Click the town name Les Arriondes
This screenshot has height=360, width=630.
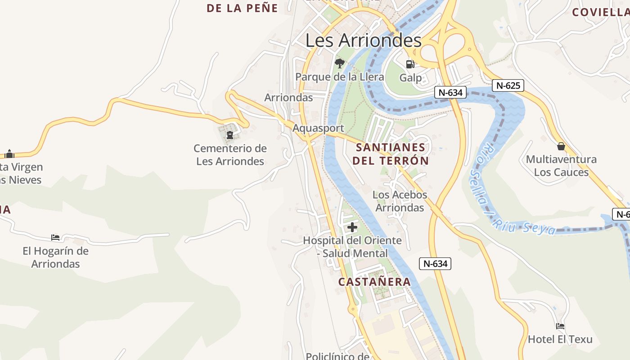point(364,40)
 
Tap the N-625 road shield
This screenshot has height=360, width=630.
point(508,85)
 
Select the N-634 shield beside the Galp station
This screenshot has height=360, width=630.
point(450,93)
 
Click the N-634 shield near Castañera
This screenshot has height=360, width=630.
point(435,264)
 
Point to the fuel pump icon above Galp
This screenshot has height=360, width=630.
point(410,64)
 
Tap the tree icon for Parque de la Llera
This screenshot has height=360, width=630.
point(340,63)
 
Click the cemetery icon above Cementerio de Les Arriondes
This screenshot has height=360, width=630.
point(230,135)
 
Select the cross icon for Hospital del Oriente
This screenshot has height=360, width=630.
point(352,227)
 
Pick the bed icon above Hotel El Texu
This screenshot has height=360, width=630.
point(560,326)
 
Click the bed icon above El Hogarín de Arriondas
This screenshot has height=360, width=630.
point(55,238)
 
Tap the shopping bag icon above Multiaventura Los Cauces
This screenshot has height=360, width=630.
point(561,146)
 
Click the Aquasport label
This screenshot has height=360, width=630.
point(318,128)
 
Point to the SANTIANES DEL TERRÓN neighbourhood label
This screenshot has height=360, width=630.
point(391,154)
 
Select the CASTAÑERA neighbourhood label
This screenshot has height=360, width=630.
point(374,282)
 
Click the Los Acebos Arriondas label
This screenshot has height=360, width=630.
point(400,201)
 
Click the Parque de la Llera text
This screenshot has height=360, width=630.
point(340,77)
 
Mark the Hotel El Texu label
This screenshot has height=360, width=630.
point(560,339)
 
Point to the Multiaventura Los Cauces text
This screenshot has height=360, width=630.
point(561,166)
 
